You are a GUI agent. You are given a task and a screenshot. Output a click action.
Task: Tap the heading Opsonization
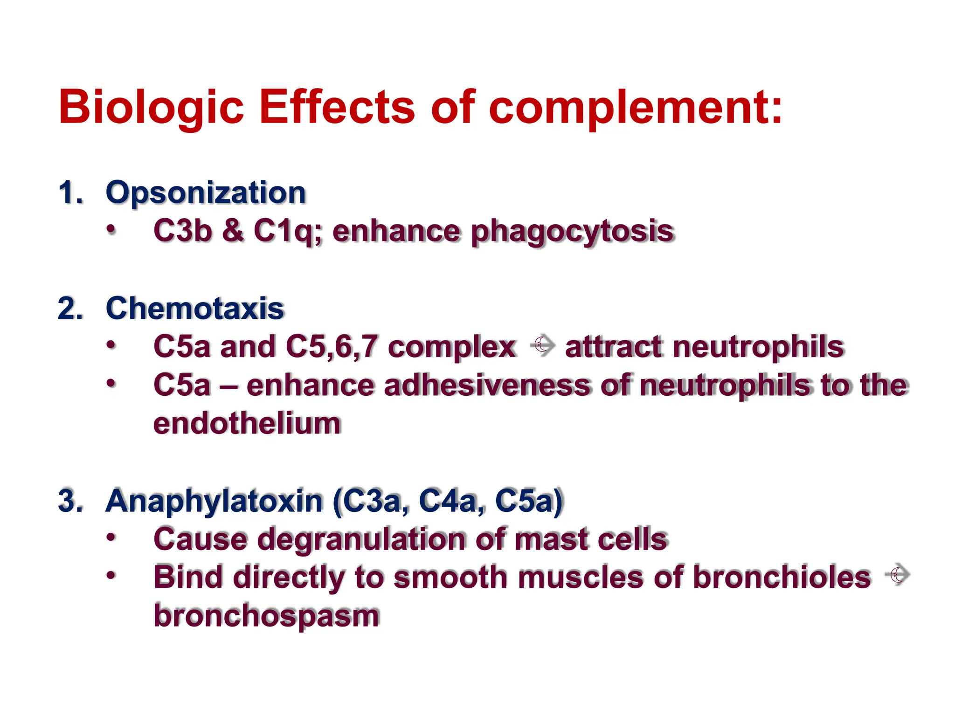(206, 193)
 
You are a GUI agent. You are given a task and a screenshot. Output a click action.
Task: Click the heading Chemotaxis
(195, 309)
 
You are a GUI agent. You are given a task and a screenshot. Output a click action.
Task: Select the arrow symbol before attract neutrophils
(542, 346)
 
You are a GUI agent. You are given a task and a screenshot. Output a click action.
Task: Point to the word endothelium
(247, 424)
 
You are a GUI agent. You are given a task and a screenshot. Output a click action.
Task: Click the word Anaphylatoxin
(215, 502)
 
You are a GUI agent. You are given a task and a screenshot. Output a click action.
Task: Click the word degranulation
(361, 540)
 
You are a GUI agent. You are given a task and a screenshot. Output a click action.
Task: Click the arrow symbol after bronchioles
(897, 575)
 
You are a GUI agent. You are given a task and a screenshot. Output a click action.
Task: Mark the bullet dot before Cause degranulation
(111, 537)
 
